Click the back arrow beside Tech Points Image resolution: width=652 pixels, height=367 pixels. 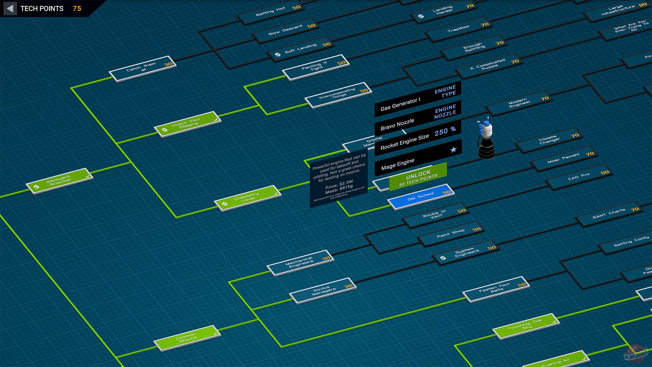pyautogui.click(x=10, y=8)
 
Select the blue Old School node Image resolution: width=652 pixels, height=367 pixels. pyautogui.click(x=421, y=196)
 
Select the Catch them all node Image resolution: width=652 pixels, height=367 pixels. pyautogui.click(x=143, y=68)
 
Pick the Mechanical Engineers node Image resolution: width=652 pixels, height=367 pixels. pyautogui.click(x=300, y=262)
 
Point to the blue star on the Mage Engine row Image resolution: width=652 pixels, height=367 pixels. pyautogui.click(x=453, y=150)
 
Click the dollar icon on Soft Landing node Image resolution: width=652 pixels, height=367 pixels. pyautogui.click(x=278, y=54)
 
